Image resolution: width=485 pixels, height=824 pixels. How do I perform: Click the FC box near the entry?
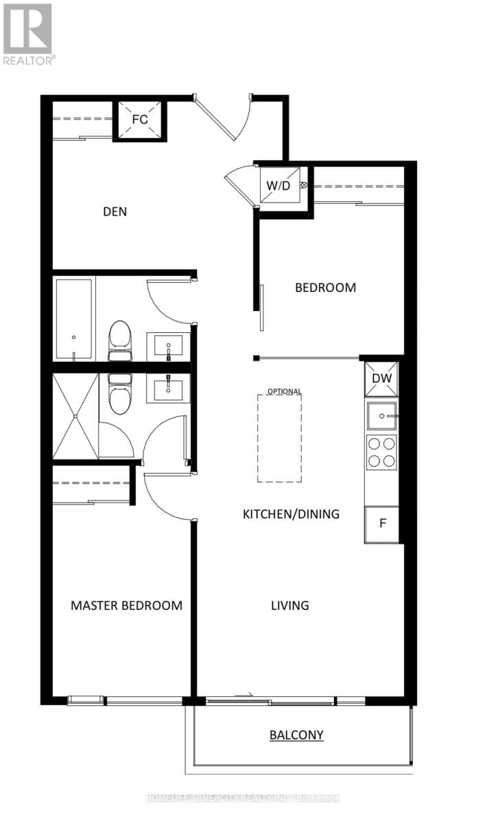(140, 119)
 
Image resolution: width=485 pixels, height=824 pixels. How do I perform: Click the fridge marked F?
(383, 524)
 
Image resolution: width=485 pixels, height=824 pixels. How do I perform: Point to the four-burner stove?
(381, 453)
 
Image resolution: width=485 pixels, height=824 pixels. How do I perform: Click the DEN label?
(115, 211)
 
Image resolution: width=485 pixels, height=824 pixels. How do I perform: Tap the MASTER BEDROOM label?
(127, 606)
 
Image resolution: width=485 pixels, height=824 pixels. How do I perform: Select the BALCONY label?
(296, 735)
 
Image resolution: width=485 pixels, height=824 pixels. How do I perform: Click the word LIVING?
(289, 606)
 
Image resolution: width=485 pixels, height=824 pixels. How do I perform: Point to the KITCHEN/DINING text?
(291, 514)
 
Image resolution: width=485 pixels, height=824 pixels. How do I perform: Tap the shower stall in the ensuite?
(75, 417)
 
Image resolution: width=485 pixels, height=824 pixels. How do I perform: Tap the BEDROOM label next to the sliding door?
(325, 288)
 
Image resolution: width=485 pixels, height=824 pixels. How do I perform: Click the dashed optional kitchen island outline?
(280, 438)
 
